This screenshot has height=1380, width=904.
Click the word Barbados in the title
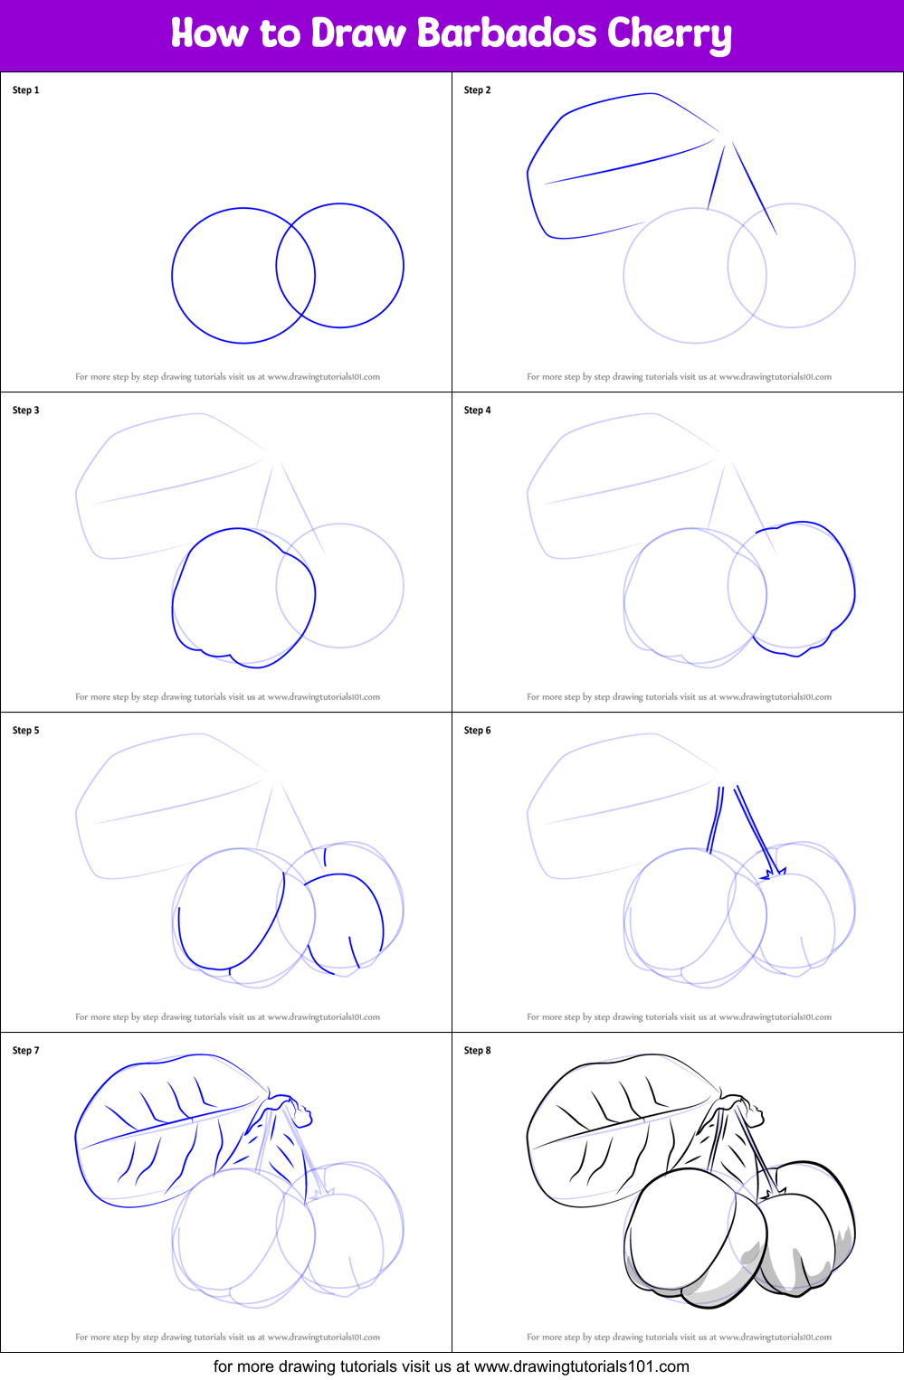pyautogui.click(x=506, y=33)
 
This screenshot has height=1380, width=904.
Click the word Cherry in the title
pyautogui.click(x=669, y=35)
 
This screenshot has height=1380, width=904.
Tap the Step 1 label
pyautogui.click(x=25, y=90)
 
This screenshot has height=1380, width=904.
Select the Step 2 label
pyautogui.click(x=477, y=90)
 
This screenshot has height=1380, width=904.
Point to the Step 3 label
pyautogui.click(x=25, y=411)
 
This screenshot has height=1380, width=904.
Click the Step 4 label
pyautogui.click(x=477, y=411)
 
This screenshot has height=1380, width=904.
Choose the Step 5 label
pyautogui.click(x=25, y=731)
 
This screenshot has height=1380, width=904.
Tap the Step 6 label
pyautogui.click(x=477, y=731)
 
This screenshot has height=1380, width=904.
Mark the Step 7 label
pyautogui.click(x=25, y=1051)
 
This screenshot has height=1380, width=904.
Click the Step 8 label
pyautogui.click(x=477, y=1051)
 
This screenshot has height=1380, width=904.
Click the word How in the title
pyautogui.click(x=209, y=33)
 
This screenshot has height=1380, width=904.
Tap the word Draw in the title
pyautogui.click(x=357, y=33)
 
